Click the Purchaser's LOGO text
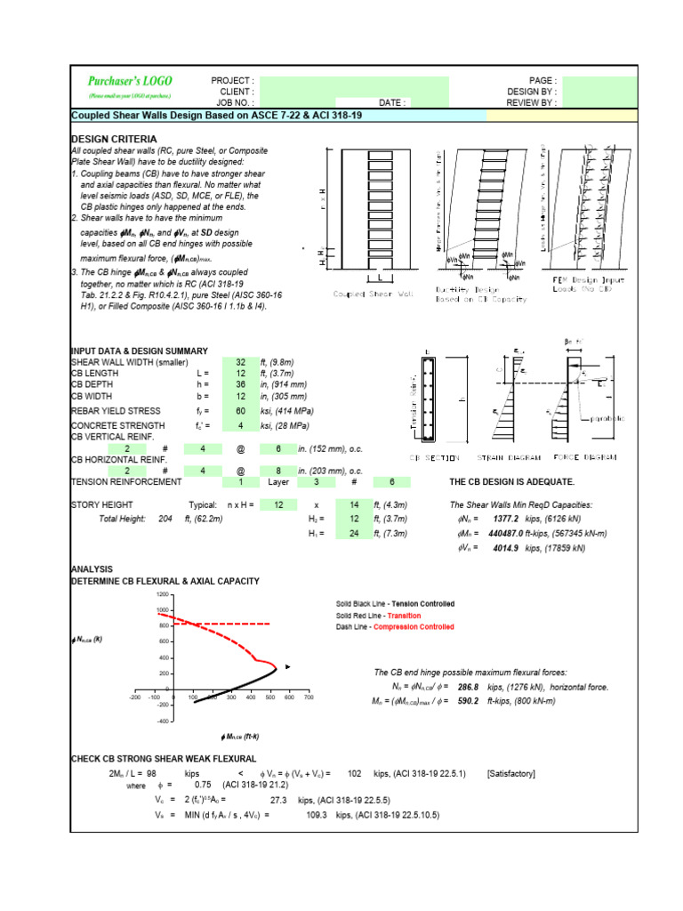pos(130,81)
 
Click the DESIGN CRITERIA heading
pos(114,140)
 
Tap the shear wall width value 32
pos(240,363)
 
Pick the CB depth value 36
pos(240,384)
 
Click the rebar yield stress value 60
pos(240,411)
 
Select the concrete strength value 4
pos(240,427)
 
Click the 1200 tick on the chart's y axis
pos(161,594)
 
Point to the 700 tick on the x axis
pos(308,697)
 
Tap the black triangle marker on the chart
pos(289,666)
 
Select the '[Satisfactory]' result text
pos(511,774)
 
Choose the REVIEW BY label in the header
pos(532,102)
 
